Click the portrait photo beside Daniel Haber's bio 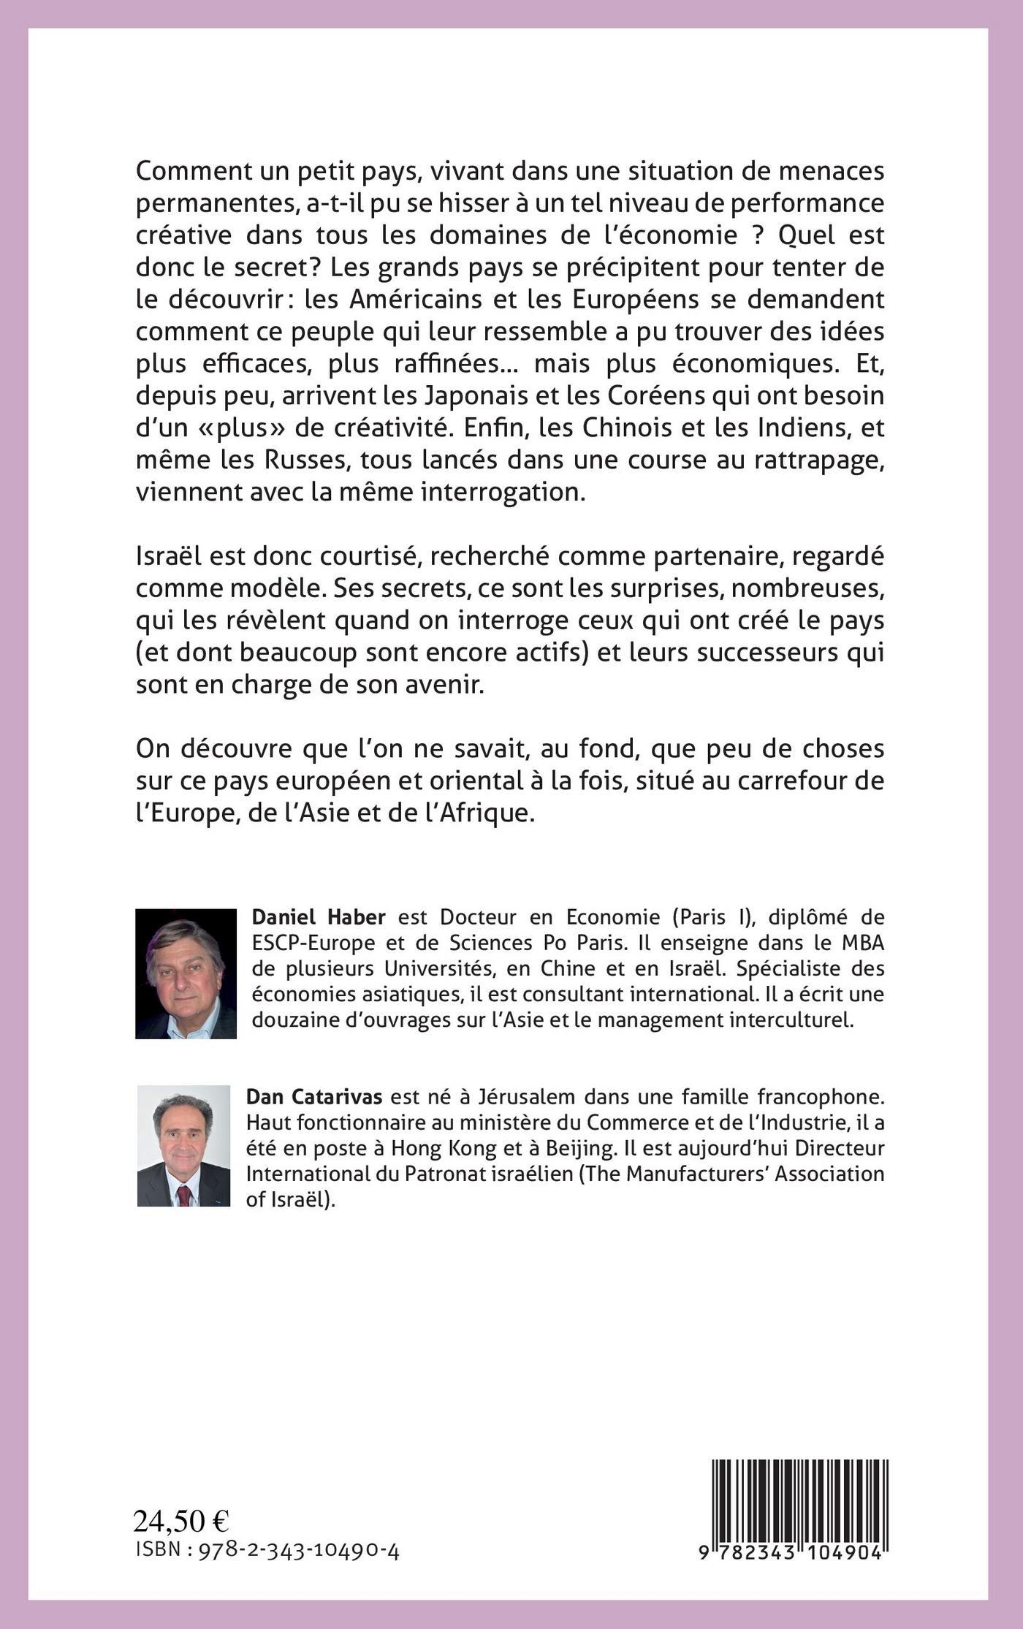[x=186, y=973]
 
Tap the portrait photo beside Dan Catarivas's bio [x=183, y=1145]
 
